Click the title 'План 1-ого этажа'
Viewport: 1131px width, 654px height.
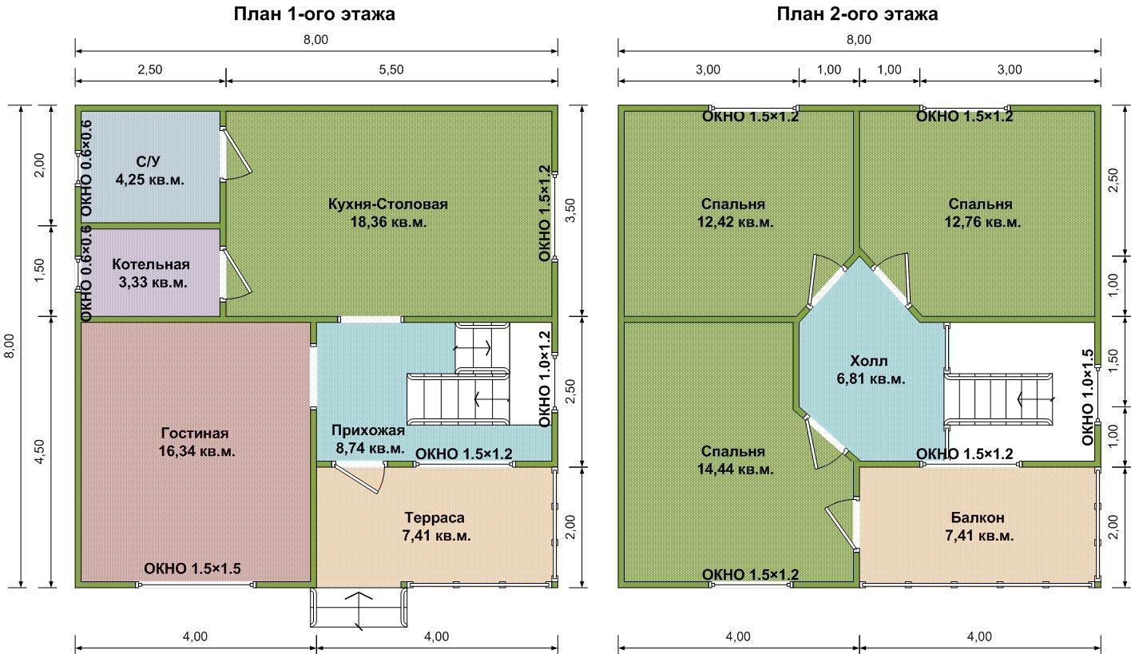tap(314, 14)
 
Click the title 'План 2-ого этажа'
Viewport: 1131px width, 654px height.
tap(857, 14)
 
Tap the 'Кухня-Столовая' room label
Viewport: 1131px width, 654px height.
tap(387, 204)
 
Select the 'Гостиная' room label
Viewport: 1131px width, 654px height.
tap(195, 433)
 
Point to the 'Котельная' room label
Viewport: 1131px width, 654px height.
tap(151, 264)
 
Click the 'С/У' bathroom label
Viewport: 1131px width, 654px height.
tap(148, 161)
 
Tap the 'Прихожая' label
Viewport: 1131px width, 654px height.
tap(368, 430)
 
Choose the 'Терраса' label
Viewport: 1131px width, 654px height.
tap(435, 517)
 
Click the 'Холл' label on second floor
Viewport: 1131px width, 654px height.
tap(868, 361)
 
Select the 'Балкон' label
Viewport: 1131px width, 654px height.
tap(978, 517)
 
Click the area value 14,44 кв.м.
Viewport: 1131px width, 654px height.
tap(735, 470)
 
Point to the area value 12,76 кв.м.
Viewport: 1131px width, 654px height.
tap(982, 222)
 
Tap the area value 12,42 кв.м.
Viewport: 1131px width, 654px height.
tap(735, 222)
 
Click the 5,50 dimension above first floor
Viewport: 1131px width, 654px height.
tap(391, 69)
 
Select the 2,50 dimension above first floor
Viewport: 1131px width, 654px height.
tap(150, 69)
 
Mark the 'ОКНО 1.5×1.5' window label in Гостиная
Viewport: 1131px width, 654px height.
tap(192, 569)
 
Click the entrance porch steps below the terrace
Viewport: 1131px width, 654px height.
tap(359, 608)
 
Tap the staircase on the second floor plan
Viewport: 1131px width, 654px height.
tap(998, 399)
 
